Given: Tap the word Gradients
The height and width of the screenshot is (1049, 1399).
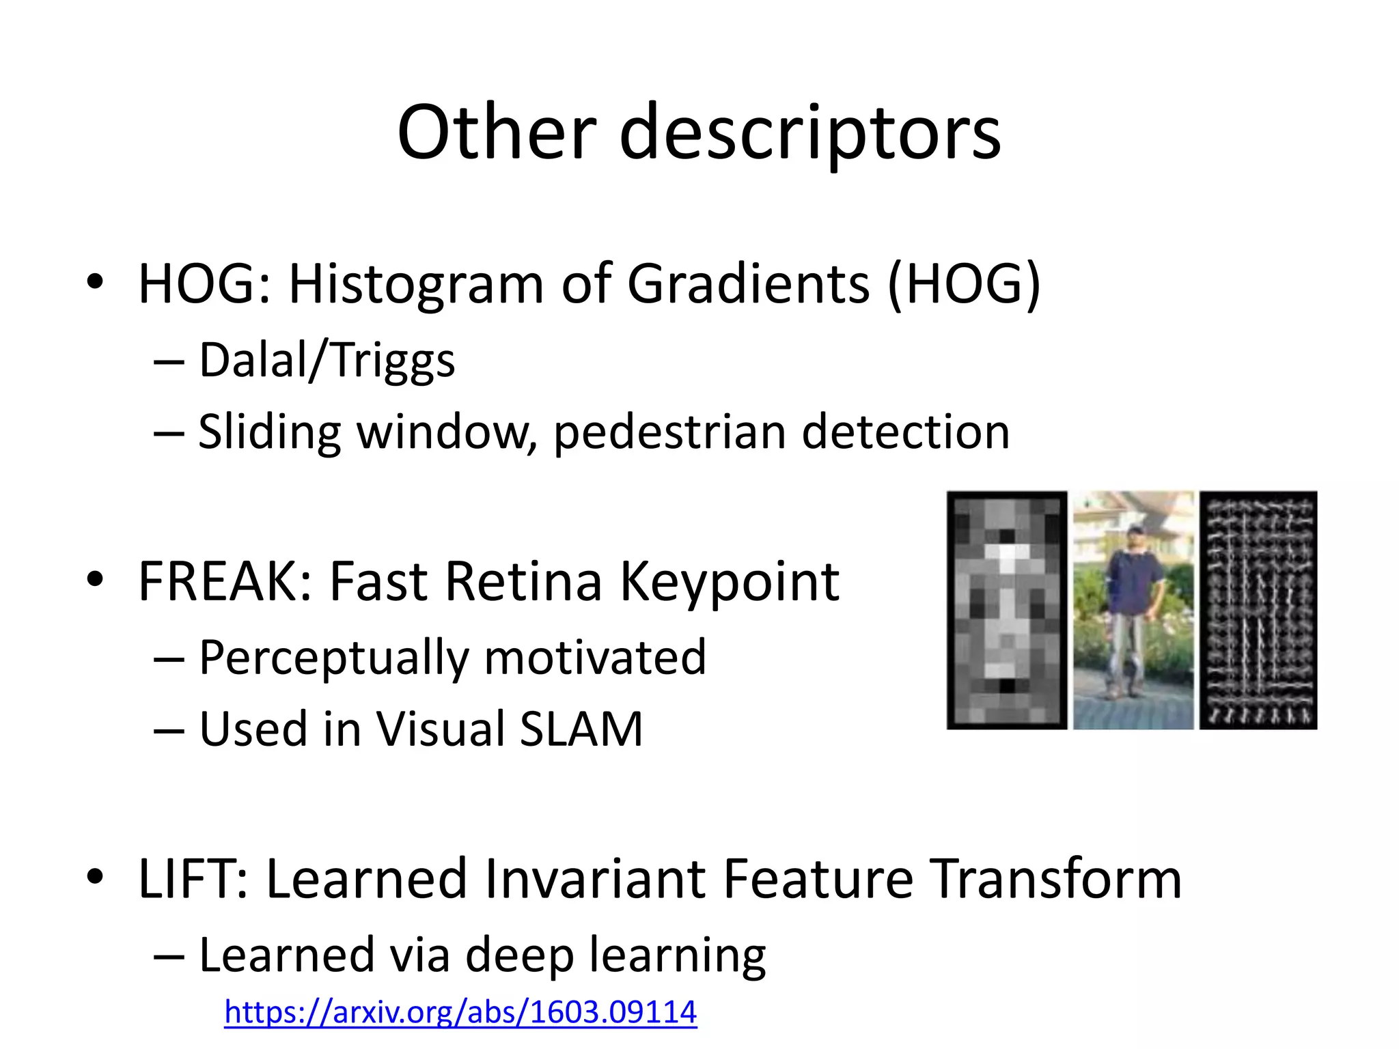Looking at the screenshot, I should [x=748, y=283].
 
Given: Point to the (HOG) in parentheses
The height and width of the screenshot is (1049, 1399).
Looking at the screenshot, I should [x=964, y=283].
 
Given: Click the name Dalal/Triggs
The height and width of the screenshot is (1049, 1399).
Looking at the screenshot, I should [x=327, y=360].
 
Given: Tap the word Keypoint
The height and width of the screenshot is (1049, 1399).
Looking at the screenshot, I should [x=729, y=583].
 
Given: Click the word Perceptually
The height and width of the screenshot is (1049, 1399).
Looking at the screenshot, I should [x=333, y=658].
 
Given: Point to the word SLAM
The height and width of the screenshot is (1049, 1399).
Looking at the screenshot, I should [x=581, y=729].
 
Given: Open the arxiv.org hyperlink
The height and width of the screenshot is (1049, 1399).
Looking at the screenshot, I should [x=460, y=1011].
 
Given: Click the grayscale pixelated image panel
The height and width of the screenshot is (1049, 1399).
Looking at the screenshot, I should [x=1006, y=610].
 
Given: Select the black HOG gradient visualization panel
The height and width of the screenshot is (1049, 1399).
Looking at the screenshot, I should [x=1258, y=610].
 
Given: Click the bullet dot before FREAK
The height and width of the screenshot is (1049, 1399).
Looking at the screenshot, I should [x=95, y=579].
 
